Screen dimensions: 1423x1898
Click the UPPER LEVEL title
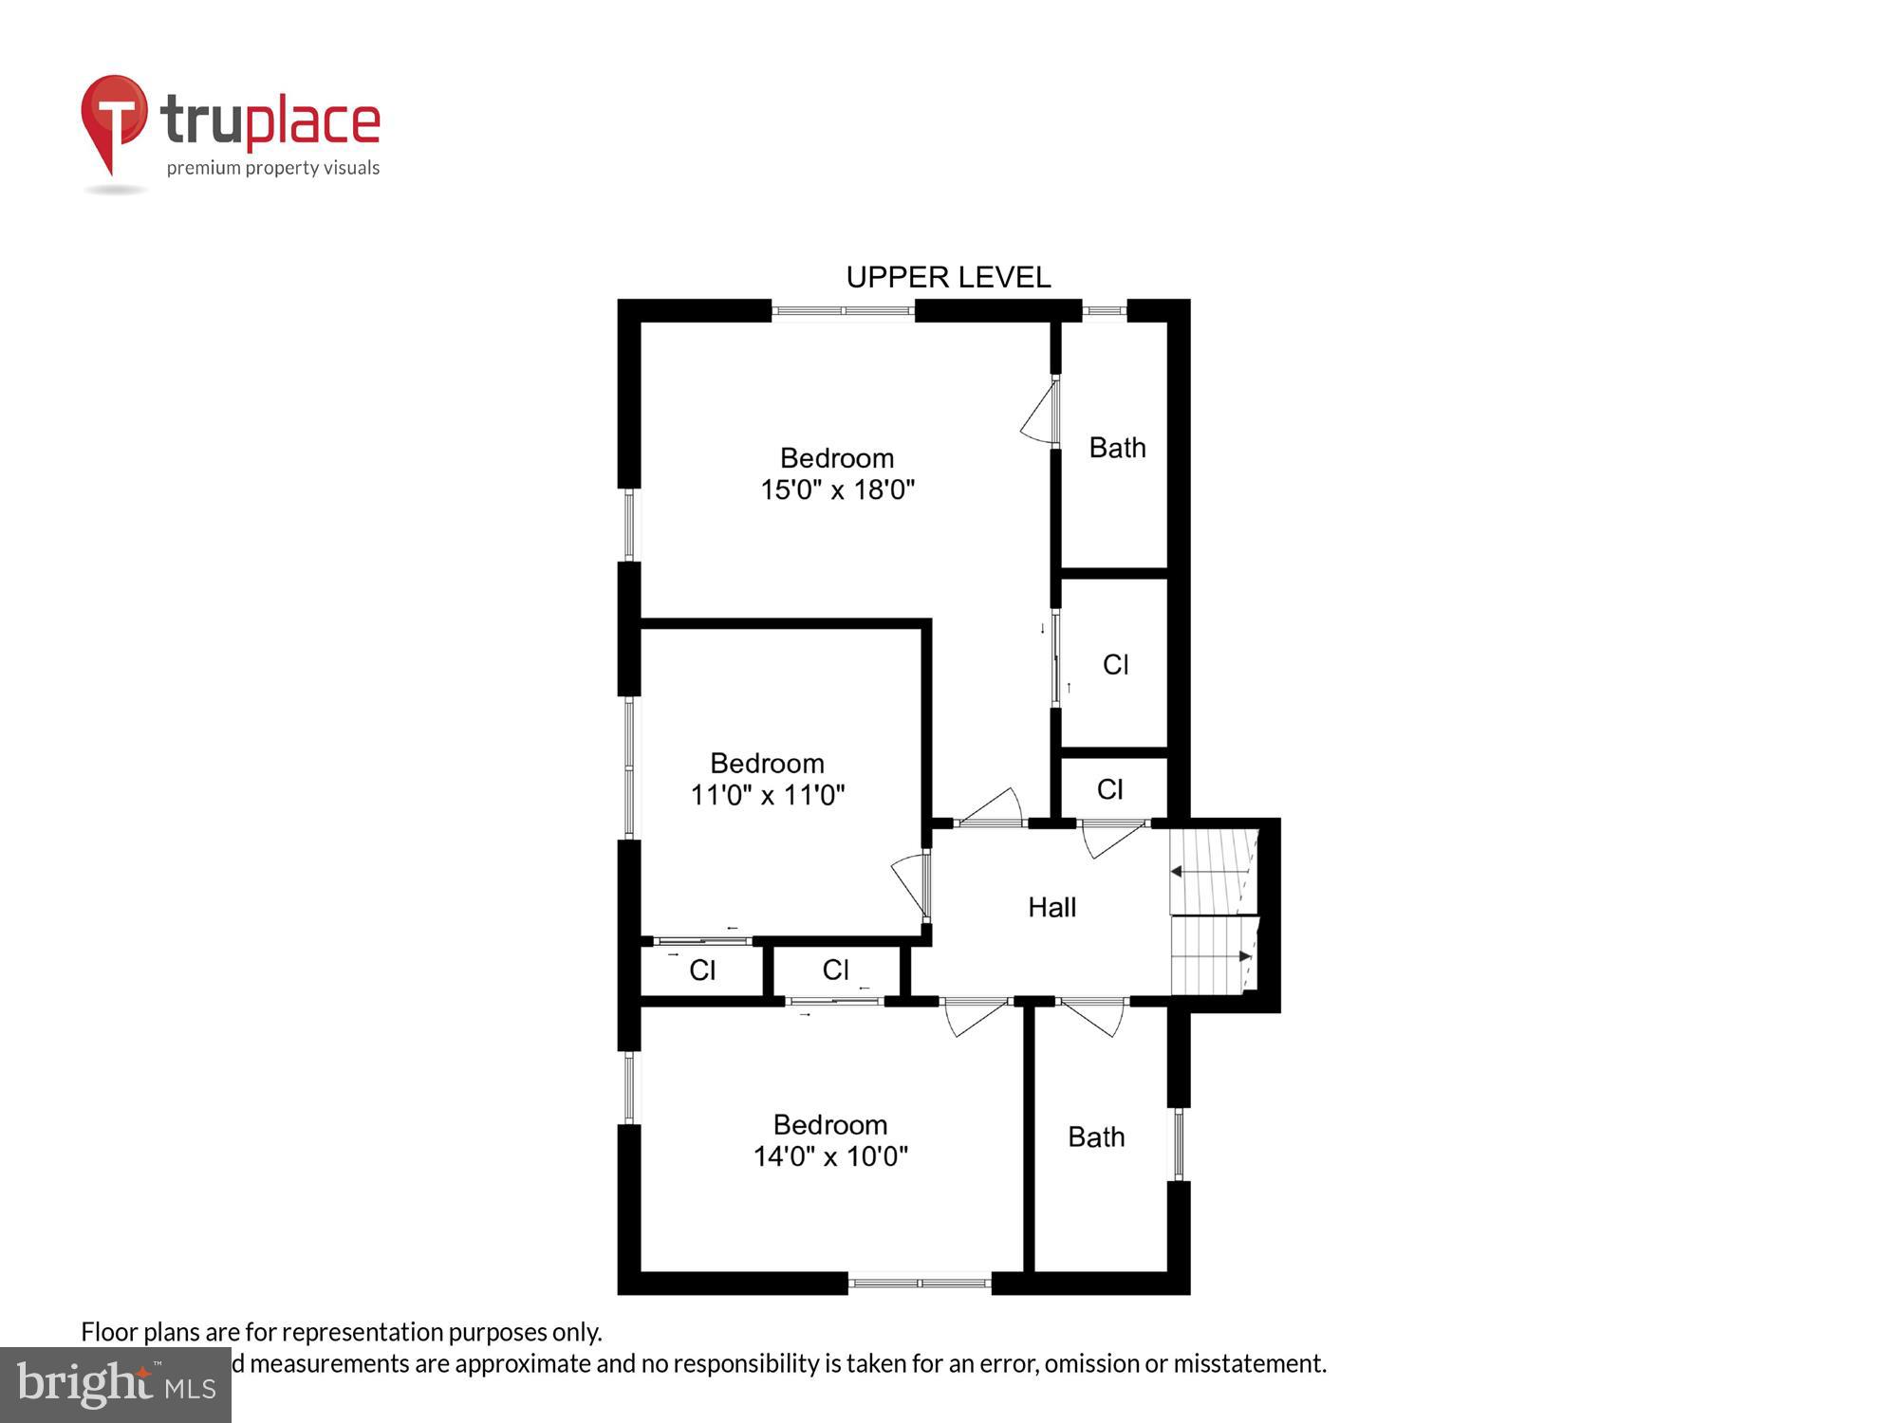point(947,277)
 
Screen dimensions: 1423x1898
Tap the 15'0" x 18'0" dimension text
point(837,490)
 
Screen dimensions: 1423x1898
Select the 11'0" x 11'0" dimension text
point(767,795)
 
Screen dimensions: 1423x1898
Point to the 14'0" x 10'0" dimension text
point(830,1156)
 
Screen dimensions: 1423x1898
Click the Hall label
point(1051,908)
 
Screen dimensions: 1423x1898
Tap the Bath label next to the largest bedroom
point(1117,448)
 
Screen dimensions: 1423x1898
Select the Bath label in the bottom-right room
point(1096,1137)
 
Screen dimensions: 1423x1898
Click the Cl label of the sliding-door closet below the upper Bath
point(1115,665)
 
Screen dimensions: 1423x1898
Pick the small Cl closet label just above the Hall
point(1109,789)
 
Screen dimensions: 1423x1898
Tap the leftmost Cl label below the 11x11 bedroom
point(702,970)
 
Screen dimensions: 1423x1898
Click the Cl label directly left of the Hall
point(835,970)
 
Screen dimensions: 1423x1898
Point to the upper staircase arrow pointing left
point(1177,871)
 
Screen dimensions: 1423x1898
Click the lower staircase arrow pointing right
point(1245,956)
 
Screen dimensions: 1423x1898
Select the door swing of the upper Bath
point(1040,414)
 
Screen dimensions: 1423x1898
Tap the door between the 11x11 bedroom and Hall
point(912,884)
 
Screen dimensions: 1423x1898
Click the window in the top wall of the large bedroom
point(843,310)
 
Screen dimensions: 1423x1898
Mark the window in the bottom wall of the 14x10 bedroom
point(919,1284)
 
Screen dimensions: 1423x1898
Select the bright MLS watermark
point(116,1385)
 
